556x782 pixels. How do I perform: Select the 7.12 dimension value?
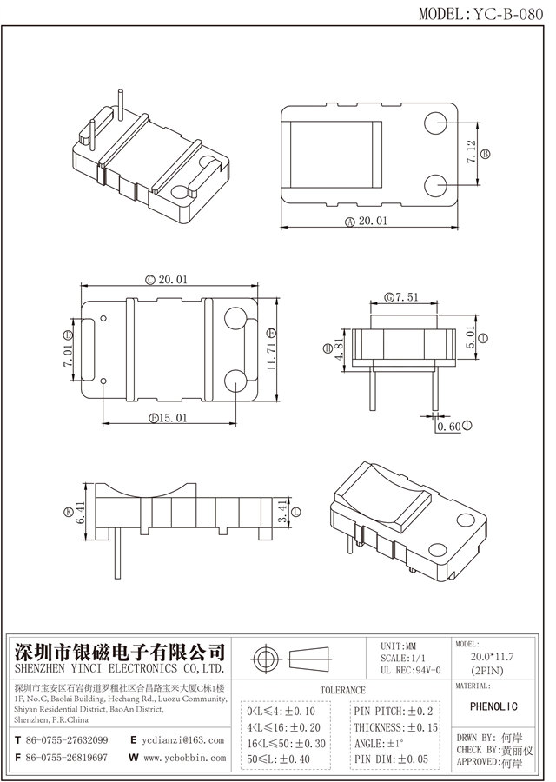click(x=471, y=153)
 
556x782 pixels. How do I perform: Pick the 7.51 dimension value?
click(x=407, y=297)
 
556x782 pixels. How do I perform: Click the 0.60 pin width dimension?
click(x=448, y=427)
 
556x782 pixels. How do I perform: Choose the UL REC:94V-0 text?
click(x=411, y=670)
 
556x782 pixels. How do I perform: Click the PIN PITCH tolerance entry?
click(x=394, y=711)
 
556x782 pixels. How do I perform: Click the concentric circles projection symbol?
click(x=265, y=659)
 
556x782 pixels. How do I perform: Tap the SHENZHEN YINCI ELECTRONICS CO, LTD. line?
click(x=117, y=670)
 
